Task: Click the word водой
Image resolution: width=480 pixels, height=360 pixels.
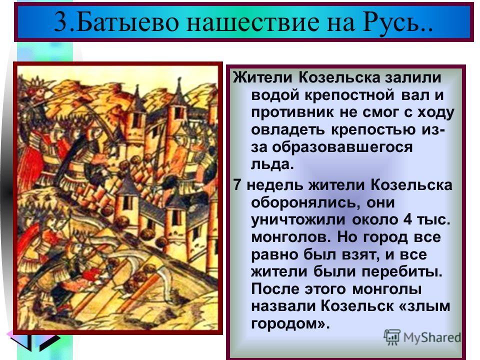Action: pos(275,96)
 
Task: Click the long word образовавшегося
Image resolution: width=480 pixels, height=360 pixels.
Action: pos(342,147)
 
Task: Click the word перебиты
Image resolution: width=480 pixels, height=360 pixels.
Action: pos(402,272)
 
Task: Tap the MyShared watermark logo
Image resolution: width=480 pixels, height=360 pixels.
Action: pos(422,337)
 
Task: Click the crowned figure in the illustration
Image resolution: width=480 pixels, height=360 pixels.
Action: pos(36,92)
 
